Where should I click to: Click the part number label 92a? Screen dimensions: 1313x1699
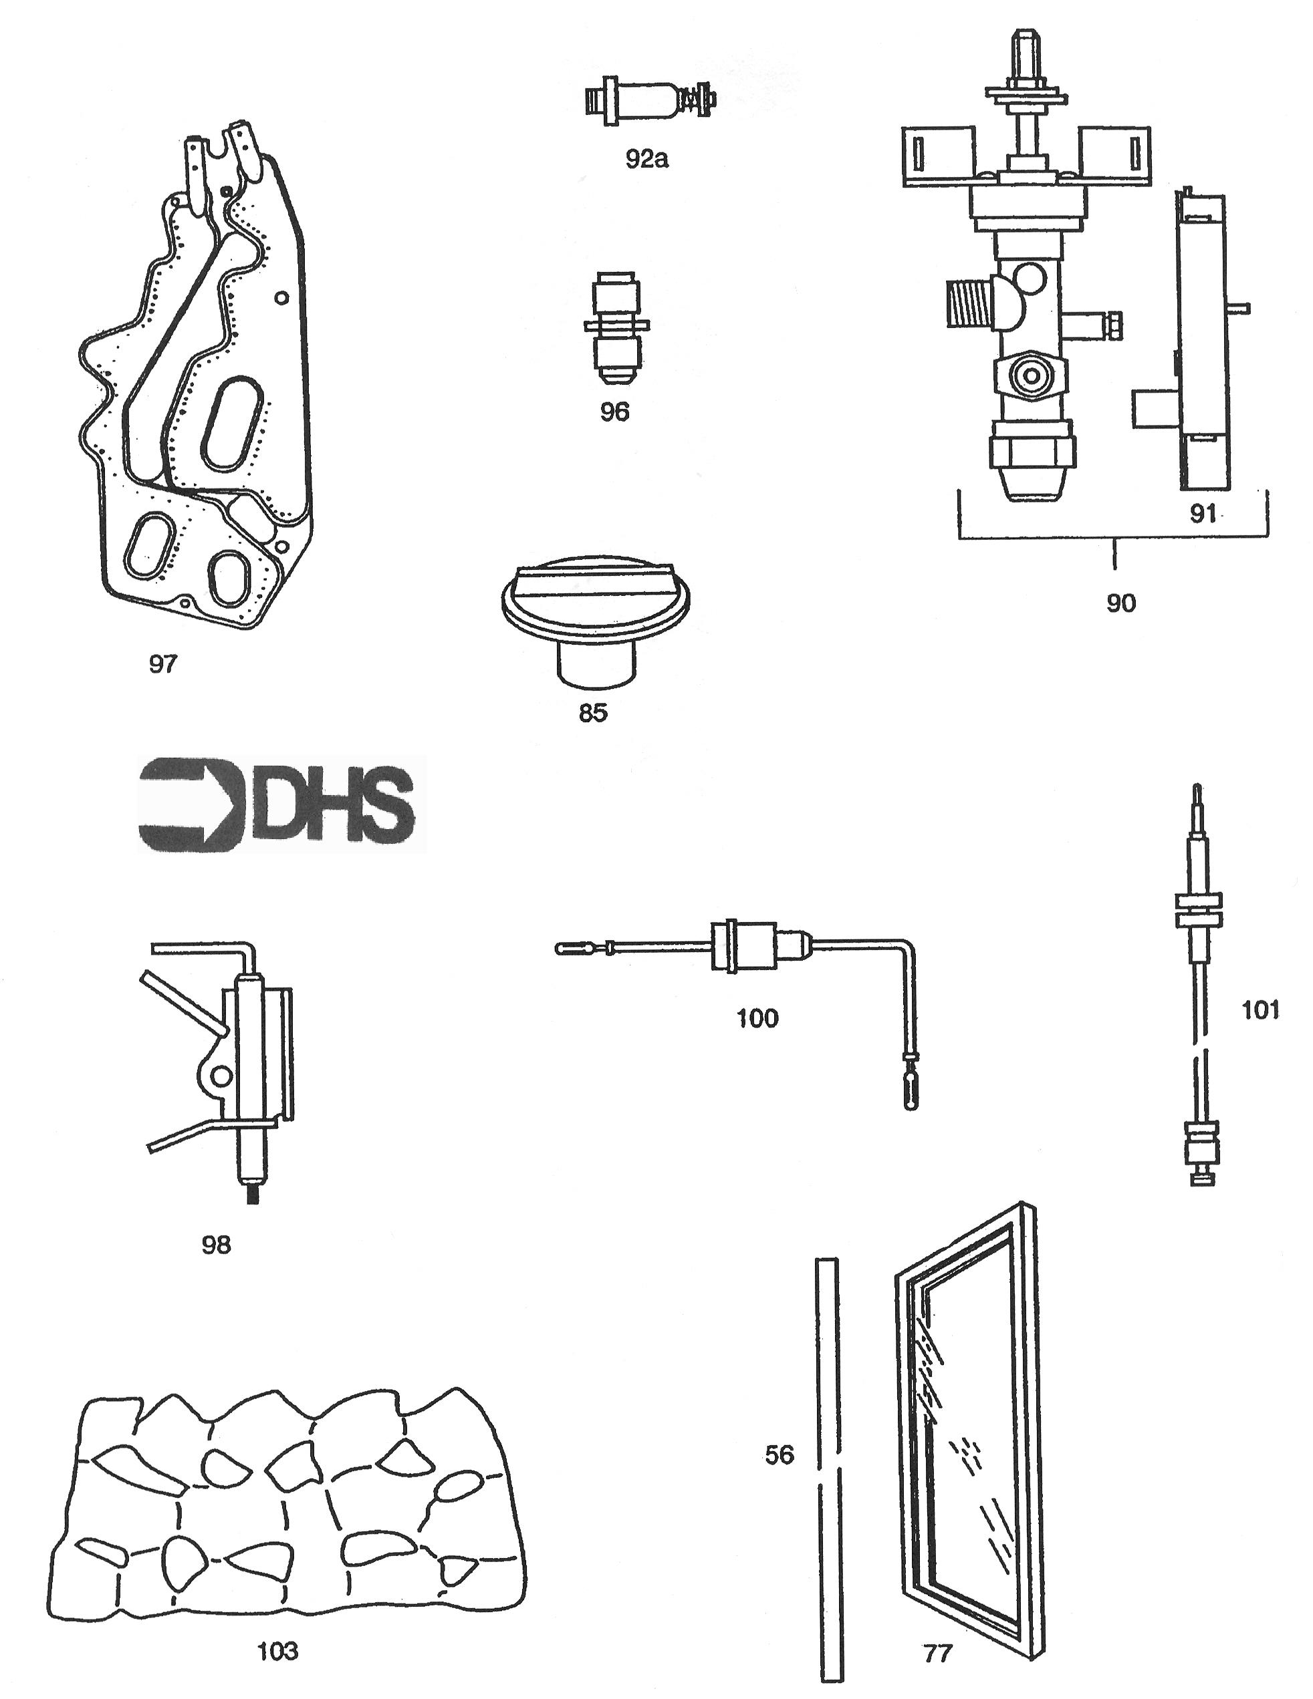[646, 159]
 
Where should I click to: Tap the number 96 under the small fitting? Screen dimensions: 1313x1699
[614, 412]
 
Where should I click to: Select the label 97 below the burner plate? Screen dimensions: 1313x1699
[162, 663]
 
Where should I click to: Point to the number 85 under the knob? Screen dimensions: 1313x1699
[592, 713]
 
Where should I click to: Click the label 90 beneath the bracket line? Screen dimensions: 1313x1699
[1120, 602]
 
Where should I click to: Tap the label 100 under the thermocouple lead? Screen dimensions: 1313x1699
[757, 1018]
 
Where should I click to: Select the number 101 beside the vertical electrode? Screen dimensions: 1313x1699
[1260, 1009]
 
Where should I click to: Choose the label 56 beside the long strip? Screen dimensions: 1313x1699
[779, 1454]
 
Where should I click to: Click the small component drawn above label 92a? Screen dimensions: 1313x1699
[650, 101]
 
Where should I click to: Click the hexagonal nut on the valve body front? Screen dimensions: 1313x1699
[1030, 375]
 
